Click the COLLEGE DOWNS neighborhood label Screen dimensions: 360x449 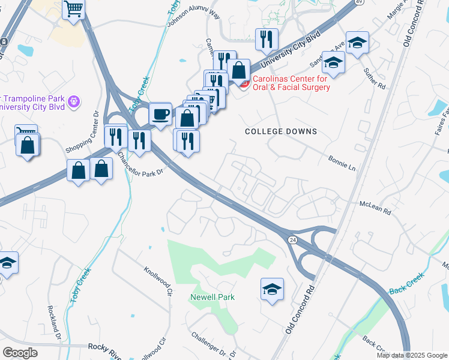coord(281,131)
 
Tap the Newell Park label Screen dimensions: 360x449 coord(212,297)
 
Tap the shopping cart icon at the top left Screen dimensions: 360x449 coord(74,9)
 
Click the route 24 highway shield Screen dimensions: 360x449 coord(292,240)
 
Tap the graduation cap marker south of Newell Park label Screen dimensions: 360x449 coord(272,289)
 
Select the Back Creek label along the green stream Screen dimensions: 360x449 coord(406,283)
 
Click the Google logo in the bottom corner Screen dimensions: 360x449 coord(20,353)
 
